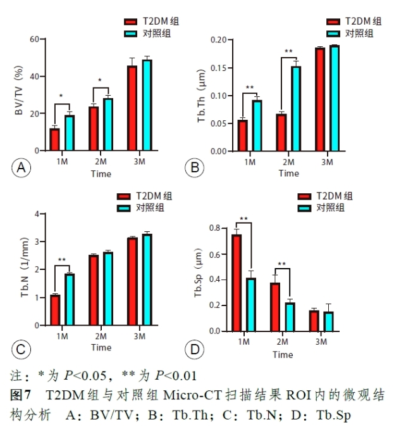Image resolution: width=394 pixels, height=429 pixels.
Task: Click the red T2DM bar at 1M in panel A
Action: coord(55,139)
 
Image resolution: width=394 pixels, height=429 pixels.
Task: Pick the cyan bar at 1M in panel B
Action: coord(257,125)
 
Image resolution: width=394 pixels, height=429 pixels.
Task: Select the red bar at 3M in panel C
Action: coord(132,281)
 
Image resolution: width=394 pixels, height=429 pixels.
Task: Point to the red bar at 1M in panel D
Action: coord(236,283)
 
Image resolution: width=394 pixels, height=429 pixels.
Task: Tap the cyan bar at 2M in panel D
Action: coord(290,317)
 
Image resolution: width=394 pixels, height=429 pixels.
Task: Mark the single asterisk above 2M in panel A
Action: coord(101,80)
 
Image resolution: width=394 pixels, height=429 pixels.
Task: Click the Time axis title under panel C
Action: coord(101,347)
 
